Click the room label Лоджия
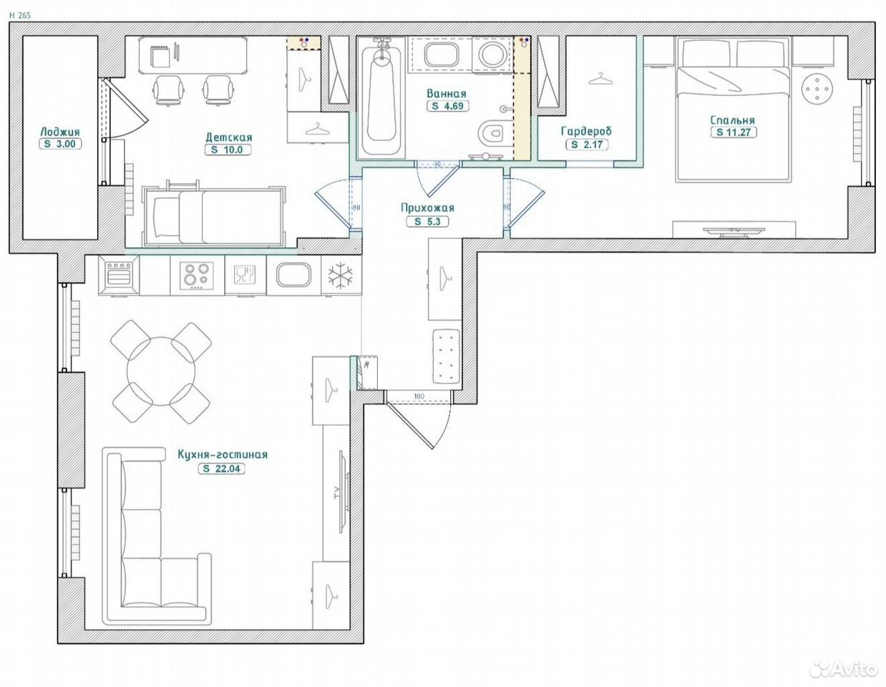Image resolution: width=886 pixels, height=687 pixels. pyautogui.click(x=60, y=132)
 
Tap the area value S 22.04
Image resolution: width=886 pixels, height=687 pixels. pyautogui.click(x=222, y=469)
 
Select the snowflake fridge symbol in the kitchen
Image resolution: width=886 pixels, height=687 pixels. pyautogui.click(x=341, y=275)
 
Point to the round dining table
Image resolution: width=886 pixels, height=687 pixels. pyautogui.click(x=161, y=371)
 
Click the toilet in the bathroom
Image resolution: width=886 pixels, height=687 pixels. pyautogui.click(x=492, y=133)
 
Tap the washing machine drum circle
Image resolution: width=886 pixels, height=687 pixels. pyautogui.click(x=492, y=54)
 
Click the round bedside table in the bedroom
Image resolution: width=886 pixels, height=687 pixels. pyautogui.click(x=817, y=89)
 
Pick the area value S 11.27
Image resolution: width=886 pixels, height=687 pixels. pyautogui.click(x=734, y=132)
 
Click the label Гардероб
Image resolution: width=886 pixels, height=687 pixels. pyautogui.click(x=587, y=131)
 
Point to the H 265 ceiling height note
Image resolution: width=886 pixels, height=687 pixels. pyautogui.click(x=20, y=16)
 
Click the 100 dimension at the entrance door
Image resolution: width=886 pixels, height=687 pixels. pyautogui.click(x=419, y=396)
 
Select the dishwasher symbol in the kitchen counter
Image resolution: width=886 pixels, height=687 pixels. pyautogui.click(x=244, y=275)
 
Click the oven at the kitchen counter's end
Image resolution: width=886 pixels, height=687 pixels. pyautogui.click(x=118, y=276)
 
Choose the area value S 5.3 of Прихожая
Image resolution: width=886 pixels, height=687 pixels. pyautogui.click(x=428, y=221)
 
